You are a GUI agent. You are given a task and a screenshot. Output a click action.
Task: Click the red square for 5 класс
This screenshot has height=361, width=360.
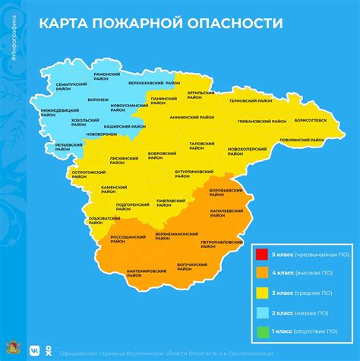coord(261,253)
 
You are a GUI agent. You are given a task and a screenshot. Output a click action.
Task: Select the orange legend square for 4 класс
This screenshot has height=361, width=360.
coord(261,273)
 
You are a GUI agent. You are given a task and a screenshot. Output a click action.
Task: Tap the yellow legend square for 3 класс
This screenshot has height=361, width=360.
coord(261,293)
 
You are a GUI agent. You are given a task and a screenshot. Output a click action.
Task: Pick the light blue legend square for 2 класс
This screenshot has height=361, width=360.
coord(261,312)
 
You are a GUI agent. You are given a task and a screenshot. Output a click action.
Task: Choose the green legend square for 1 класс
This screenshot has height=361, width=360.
coord(261,332)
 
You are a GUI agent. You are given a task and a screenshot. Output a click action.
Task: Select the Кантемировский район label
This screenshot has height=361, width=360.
coord(147,272)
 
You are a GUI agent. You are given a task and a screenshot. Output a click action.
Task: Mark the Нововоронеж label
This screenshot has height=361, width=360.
coord(103,135)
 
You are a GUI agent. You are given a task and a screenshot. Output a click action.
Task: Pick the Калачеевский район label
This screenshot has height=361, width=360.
coord(226,212)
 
